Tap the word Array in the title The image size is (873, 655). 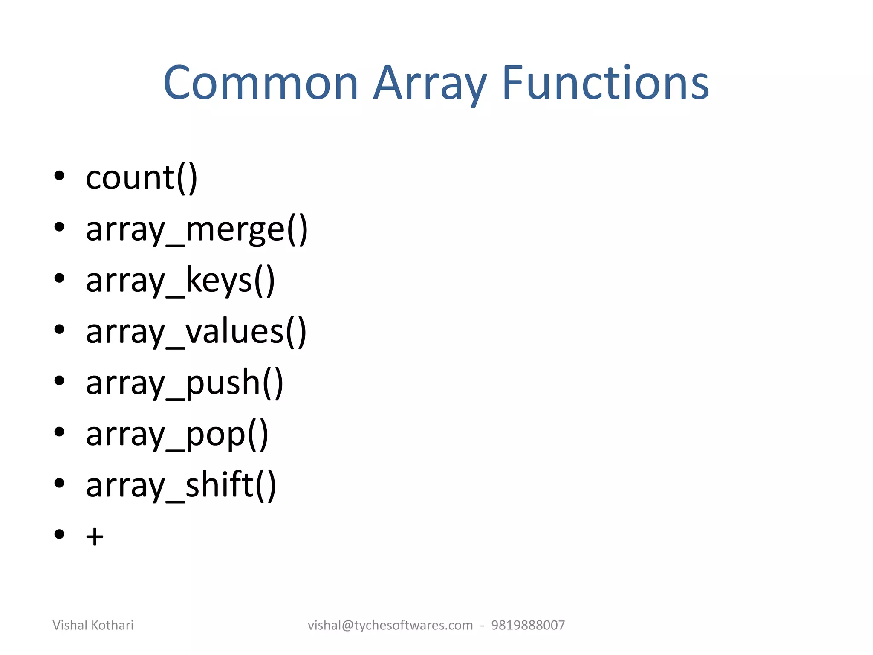coord(430,84)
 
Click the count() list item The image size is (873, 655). coord(142,178)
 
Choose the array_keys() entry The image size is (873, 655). coord(180,281)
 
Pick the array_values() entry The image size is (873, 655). coord(196,332)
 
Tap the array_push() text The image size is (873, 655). coord(185,383)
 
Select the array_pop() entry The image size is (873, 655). coord(177,434)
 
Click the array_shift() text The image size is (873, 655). coord(181,485)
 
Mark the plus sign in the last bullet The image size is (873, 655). coord(95,536)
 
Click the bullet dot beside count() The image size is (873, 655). coord(59,175)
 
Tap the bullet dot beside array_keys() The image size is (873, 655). coord(59,278)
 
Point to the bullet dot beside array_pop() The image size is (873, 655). coord(59,432)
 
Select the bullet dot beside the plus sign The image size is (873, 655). coord(59,534)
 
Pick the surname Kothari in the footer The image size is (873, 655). coord(112,625)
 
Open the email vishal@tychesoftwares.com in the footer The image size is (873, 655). coord(390,625)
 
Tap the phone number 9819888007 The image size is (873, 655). coord(528,625)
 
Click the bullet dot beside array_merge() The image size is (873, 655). coord(59,227)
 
